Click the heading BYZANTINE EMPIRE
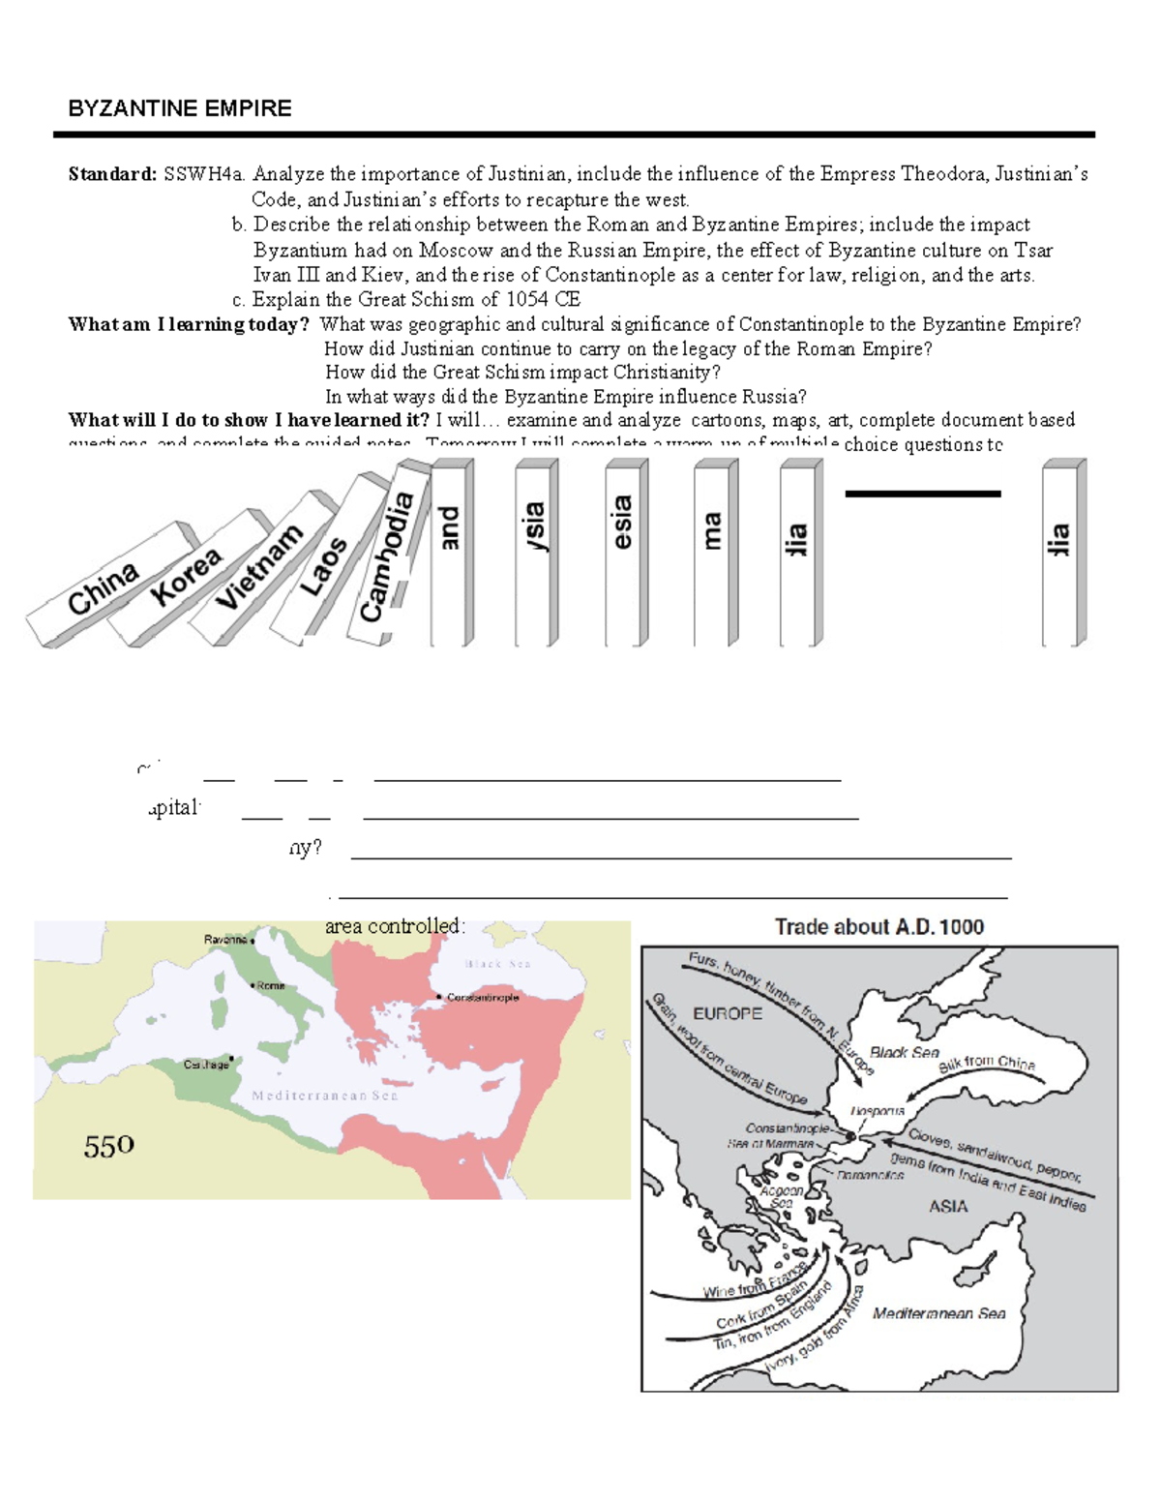pyautogui.click(x=179, y=108)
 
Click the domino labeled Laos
pyautogui.click(x=323, y=565)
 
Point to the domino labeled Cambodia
pyautogui.click(x=387, y=556)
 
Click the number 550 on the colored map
pyautogui.click(x=108, y=1147)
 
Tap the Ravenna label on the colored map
pyautogui.click(x=227, y=940)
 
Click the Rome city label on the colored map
pyautogui.click(x=270, y=985)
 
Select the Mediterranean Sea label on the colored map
pyautogui.click(x=325, y=1096)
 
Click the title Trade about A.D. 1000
pyautogui.click(x=878, y=927)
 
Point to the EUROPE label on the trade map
pyautogui.click(x=727, y=1013)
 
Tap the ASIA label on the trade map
pyautogui.click(x=948, y=1206)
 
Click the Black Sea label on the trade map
pyautogui.click(x=904, y=1052)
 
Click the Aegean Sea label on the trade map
pyautogui.click(x=781, y=1196)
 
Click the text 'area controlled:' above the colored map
pyautogui.click(x=395, y=926)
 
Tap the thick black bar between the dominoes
pyautogui.click(x=922, y=494)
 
